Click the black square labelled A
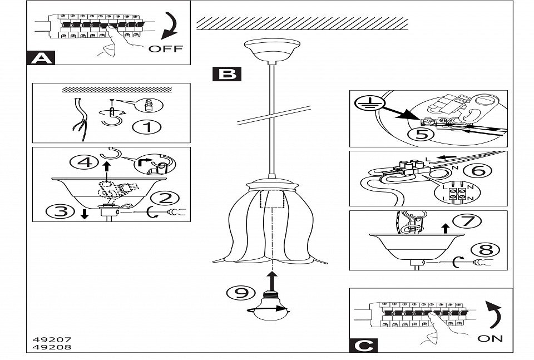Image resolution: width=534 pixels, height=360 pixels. tap(40, 57)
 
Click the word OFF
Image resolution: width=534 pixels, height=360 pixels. tap(165, 48)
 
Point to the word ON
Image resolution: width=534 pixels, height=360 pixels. tap(489, 338)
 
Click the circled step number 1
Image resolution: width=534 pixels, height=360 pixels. tap(147, 127)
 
